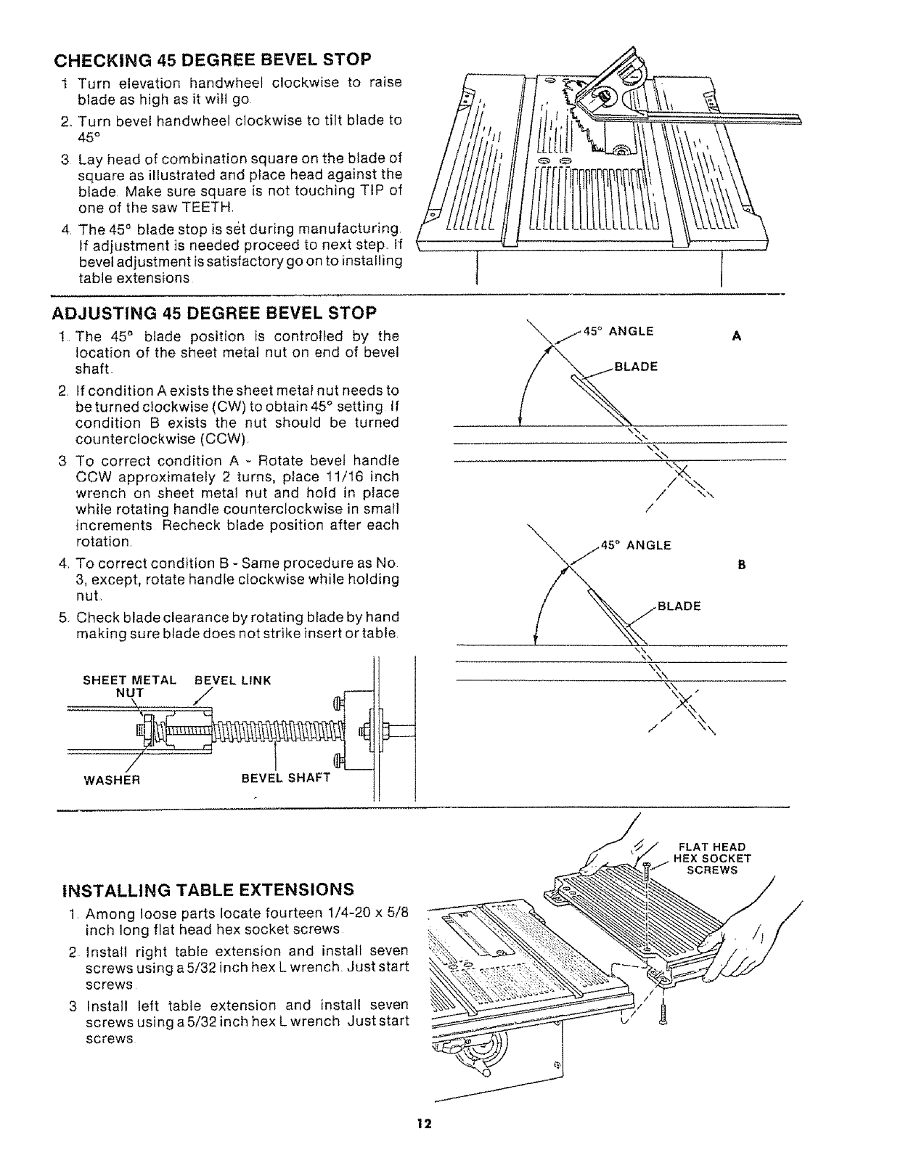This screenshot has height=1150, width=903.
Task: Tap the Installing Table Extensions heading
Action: click(209, 889)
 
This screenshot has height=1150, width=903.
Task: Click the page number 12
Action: click(424, 1125)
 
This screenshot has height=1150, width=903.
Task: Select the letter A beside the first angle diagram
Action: click(737, 336)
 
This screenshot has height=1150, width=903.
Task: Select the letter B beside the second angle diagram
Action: click(742, 564)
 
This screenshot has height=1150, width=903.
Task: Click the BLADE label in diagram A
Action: click(636, 367)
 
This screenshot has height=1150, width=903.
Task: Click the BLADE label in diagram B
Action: click(679, 606)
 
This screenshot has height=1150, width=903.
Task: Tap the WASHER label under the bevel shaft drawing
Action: click(112, 781)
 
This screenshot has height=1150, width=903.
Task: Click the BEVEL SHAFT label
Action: click(285, 778)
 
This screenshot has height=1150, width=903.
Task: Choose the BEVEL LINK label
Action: click(233, 680)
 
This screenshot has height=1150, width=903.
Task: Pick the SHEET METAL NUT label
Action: click(129, 686)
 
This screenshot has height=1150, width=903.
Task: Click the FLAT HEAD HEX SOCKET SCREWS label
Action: click(712, 858)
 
